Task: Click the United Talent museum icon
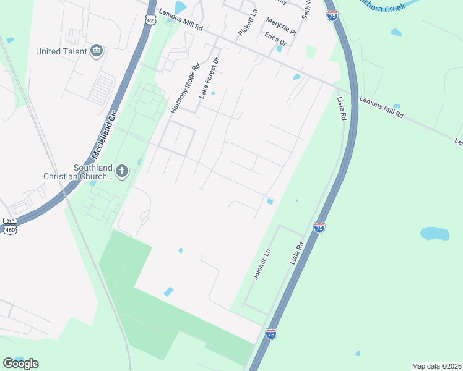pyautogui.click(x=96, y=51)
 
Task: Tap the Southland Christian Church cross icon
pyautogui.click(x=122, y=171)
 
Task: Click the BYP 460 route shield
pyautogui.click(x=10, y=226)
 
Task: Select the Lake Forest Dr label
pyautogui.click(x=209, y=79)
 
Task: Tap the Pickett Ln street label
pyautogui.click(x=247, y=22)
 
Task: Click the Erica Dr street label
pyautogui.click(x=275, y=38)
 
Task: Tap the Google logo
pyautogui.click(x=20, y=363)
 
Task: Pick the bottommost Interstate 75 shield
pyautogui.click(x=270, y=334)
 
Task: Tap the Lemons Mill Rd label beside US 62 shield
pyautogui.click(x=181, y=20)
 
